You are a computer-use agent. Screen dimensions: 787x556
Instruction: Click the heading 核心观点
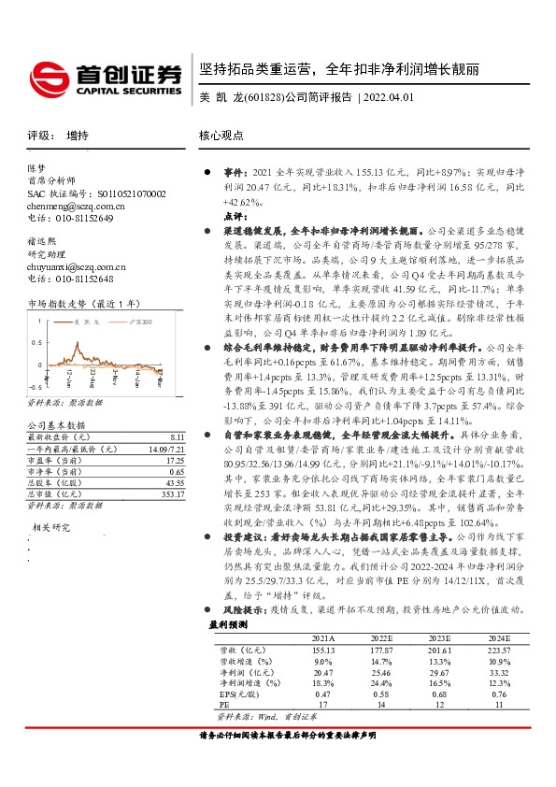[221, 136]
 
